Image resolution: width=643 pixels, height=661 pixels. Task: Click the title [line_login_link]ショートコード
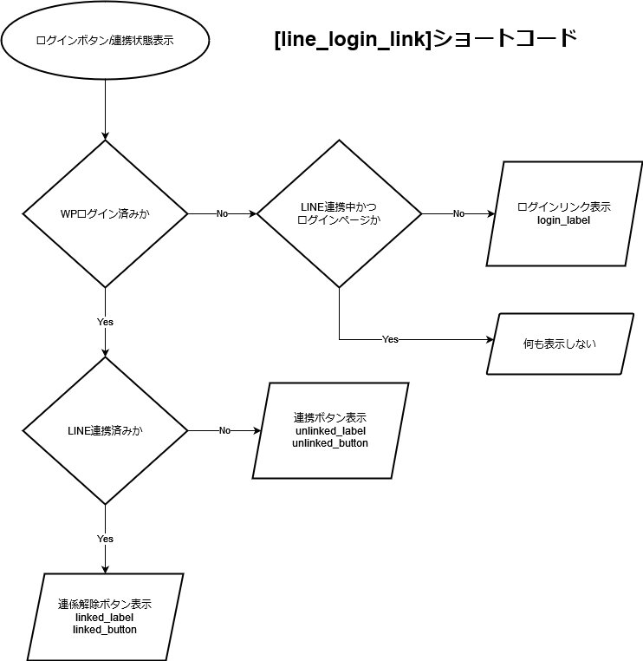click(425, 39)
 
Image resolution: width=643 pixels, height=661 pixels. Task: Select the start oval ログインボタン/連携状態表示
click(105, 40)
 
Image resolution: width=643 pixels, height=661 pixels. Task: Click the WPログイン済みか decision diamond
click(105, 213)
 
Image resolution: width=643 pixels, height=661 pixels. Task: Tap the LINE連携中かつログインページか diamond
click(339, 213)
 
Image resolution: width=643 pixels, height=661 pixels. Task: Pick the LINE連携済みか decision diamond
click(105, 430)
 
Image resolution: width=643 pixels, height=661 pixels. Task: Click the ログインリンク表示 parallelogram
click(564, 213)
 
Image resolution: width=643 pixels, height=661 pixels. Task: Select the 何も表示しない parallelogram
click(560, 344)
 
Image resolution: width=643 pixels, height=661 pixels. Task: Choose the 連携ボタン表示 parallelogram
click(330, 430)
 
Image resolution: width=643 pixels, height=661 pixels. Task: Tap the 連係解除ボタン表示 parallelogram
click(105, 617)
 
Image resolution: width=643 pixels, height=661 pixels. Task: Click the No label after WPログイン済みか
click(222, 213)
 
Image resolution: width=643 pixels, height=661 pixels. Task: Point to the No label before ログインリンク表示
click(458, 213)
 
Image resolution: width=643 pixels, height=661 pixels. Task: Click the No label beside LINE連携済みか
click(224, 430)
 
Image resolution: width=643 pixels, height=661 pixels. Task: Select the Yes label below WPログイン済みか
click(105, 322)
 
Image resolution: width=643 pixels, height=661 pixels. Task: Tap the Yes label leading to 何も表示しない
click(390, 339)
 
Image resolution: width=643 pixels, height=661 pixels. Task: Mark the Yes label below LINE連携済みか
click(105, 539)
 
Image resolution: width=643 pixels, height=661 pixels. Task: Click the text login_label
click(564, 221)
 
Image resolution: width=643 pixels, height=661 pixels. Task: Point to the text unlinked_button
click(330, 443)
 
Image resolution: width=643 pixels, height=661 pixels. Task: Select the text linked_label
click(105, 617)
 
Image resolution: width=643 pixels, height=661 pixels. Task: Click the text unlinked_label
click(330, 430)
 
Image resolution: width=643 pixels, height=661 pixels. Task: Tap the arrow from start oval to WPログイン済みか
click(105, 108)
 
